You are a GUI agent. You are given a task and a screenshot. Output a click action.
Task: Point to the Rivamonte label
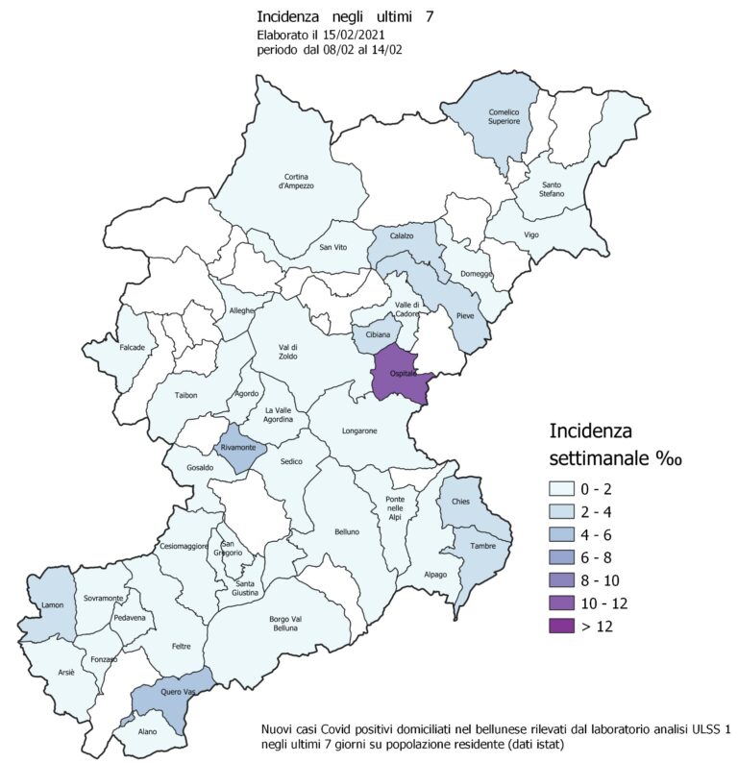236,447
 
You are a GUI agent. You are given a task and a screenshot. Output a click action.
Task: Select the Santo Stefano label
552,189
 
